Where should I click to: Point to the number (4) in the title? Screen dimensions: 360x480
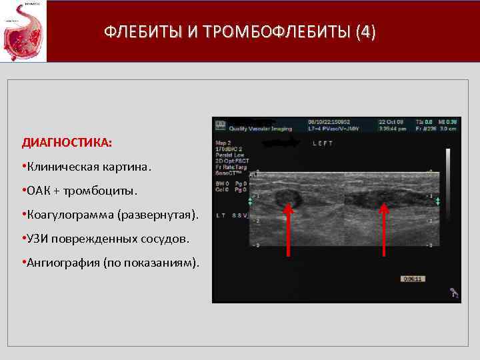365,31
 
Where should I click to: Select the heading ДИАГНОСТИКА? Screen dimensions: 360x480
67,143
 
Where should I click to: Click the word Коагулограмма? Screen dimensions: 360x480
71,215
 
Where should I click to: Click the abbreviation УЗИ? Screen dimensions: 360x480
39,239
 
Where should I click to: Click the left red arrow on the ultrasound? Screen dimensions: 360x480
288,229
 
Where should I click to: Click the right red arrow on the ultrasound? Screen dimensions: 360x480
384,229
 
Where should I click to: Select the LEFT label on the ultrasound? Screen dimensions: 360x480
323,143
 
